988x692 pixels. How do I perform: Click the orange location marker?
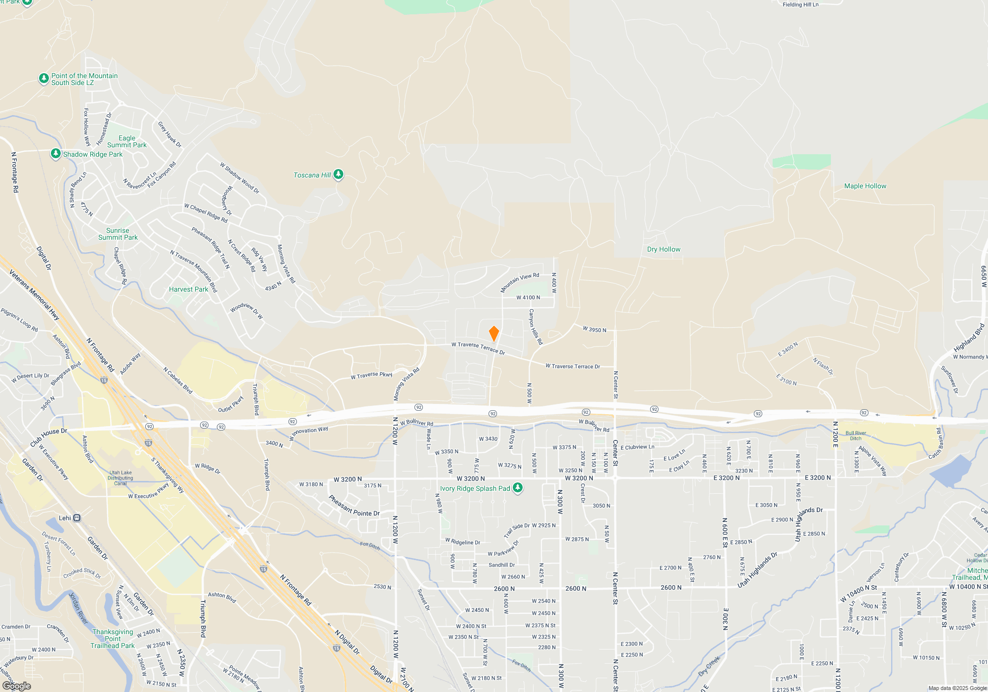tap(494, 334)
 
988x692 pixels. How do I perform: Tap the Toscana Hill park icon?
tap(338, 174)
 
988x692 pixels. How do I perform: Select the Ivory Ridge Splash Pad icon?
tap(518, 488)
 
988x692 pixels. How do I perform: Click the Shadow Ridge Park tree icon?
tap(56, 154)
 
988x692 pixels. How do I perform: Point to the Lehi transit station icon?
tap(77, 518)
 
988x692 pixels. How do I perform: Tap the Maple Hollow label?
tap(865, 186)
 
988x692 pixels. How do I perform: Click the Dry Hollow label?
tap(663, 250)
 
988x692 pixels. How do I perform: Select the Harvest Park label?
tap(188, 290)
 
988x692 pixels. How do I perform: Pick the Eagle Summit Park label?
tap(126, 142)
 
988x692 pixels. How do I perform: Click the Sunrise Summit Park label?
tap(118, 234)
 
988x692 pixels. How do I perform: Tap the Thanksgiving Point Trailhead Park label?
tap(113, 639)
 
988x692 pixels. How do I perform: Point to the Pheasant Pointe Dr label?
tap(354, 507)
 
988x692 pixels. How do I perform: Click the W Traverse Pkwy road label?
tap(371, 376)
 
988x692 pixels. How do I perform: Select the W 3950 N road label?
tap(594, 330)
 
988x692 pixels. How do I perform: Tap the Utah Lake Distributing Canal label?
tap(120, 478)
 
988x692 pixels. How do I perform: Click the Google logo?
tap(17, 686)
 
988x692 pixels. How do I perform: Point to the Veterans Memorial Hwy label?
tap(34, 295)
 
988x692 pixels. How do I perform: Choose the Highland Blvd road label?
tap(969, 338)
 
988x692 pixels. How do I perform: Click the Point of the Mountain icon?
tap(44, 79)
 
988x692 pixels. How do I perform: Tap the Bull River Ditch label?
tap(856, 435)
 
